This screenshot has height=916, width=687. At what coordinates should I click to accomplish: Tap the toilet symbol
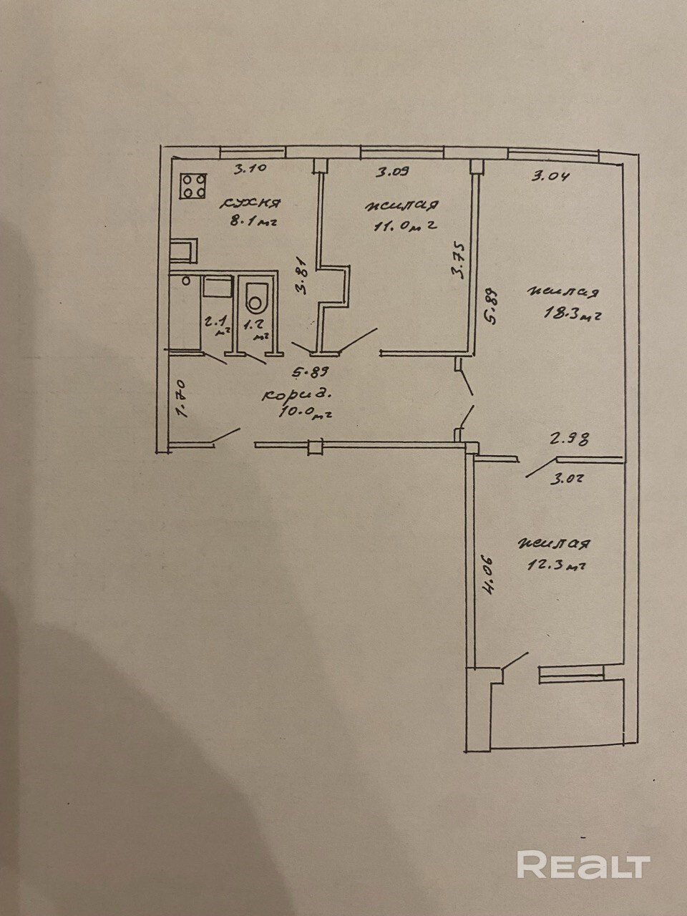pyautogui.click(x=255, y=300)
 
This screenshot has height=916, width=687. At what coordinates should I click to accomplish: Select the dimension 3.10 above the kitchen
pyautogui.click(x=250, y=169)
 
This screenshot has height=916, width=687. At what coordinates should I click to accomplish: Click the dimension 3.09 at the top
pyautogui.click(x=394, y=172)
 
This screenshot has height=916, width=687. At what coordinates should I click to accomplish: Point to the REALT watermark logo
pyautogui.click(x=583, y=864)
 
